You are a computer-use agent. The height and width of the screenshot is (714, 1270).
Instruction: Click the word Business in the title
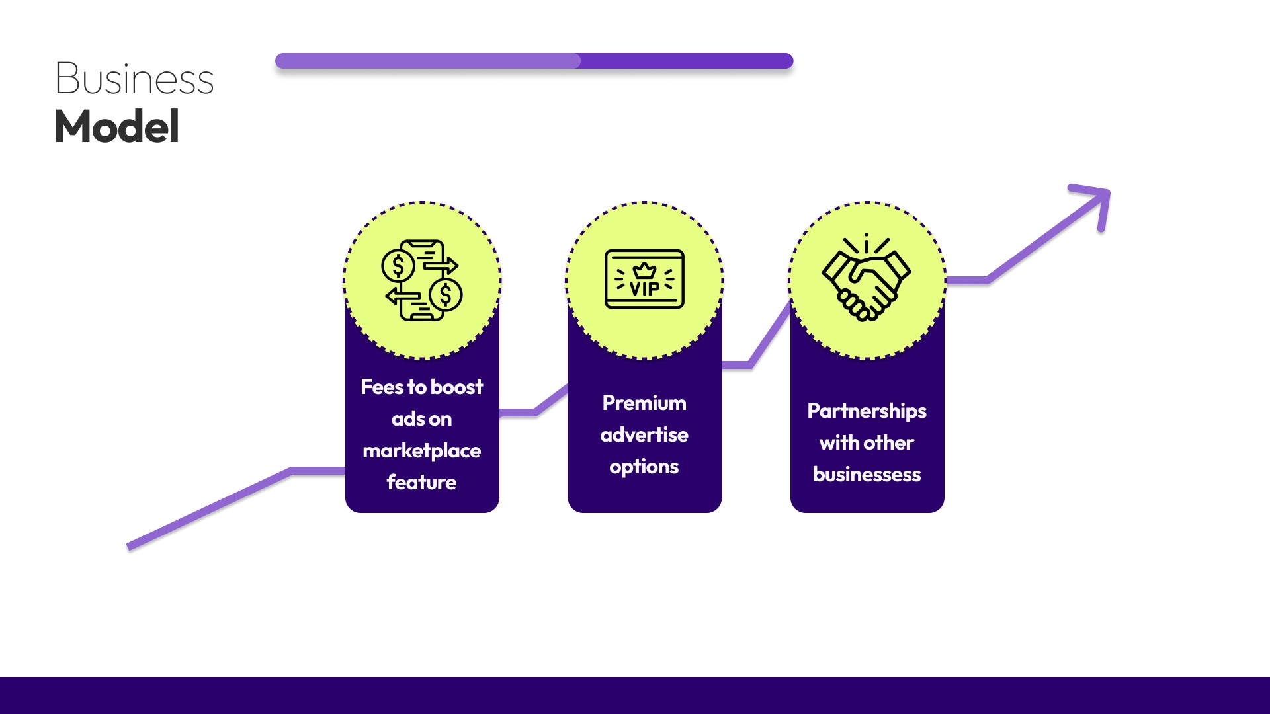pos(134,79)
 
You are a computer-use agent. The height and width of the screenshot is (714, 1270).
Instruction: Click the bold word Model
pos(117,126)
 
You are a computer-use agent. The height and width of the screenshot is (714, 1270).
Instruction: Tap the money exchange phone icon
pos(422,280)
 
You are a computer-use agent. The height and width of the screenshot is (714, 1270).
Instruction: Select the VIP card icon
pos(644,279)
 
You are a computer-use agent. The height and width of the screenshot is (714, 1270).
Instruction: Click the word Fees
pos(382,387)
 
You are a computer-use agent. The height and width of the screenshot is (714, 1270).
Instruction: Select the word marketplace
pos(422,451)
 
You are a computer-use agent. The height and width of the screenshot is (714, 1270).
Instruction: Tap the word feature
pos(422,482)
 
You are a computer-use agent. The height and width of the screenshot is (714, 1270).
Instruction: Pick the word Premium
pos(644,403)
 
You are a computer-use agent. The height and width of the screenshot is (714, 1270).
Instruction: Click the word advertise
pos(644,434)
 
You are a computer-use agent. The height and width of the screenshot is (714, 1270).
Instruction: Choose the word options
pos(644,467)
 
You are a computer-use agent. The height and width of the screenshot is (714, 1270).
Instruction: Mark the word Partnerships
pos(867,411)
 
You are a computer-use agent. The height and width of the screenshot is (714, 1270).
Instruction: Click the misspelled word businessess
pos(867,474)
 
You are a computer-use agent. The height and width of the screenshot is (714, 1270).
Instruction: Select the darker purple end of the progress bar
pos(688,61)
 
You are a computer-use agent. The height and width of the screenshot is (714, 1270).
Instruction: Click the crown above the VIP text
pos(644,270)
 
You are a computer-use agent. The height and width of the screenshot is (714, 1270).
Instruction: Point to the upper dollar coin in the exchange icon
pos(398,266)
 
